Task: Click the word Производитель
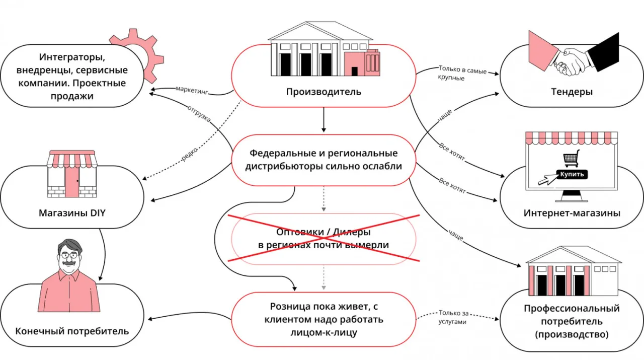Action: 324,92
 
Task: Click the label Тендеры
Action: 572,92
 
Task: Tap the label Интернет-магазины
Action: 572,213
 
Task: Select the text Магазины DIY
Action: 72,213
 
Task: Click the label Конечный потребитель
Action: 72,331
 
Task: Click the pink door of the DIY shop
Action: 72,182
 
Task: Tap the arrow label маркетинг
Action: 192,90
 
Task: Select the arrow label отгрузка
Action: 199,115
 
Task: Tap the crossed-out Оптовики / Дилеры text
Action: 324,239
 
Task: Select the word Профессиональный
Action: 572,309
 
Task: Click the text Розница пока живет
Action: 324,307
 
